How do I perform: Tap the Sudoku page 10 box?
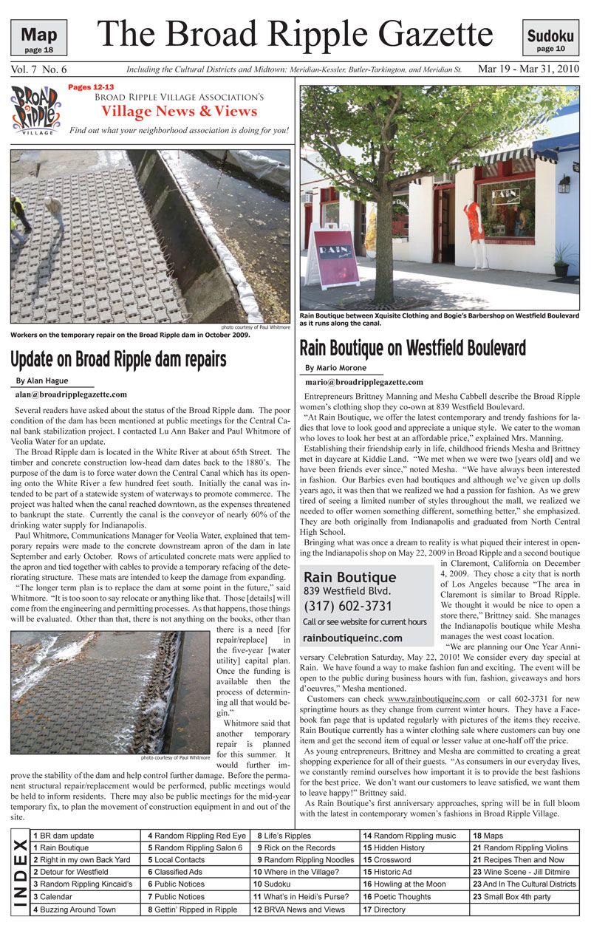pos(550,38)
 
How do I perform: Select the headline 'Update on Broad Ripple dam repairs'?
pos(117,358)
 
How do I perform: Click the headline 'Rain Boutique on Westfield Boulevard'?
pos(412,347)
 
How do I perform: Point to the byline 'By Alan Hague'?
pos(43,381)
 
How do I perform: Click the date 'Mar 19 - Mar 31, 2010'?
pos(528,69)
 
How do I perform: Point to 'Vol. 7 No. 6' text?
pos(39,69)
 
